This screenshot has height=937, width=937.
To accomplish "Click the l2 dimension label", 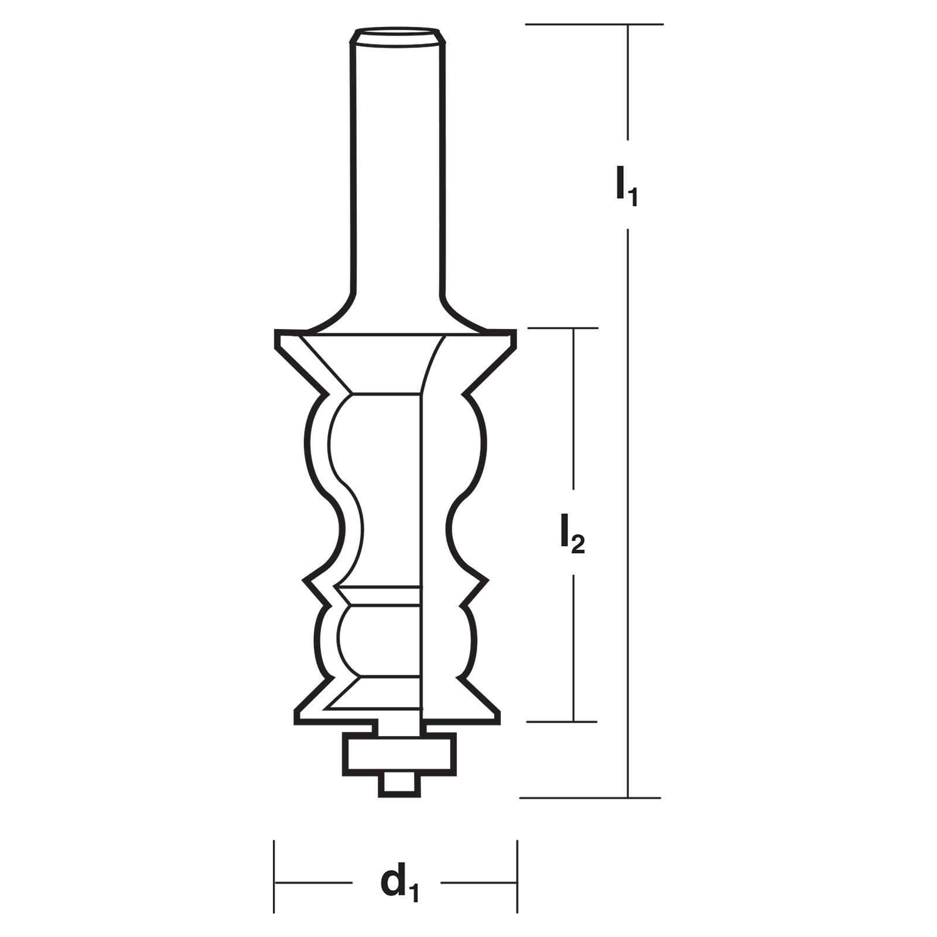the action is [x=572, y=534].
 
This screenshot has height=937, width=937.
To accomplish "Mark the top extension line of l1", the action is [x=594, y=24].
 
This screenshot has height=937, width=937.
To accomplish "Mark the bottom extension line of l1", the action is [x=590, y=798].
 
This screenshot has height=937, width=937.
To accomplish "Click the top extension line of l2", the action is [x=563, y=328].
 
